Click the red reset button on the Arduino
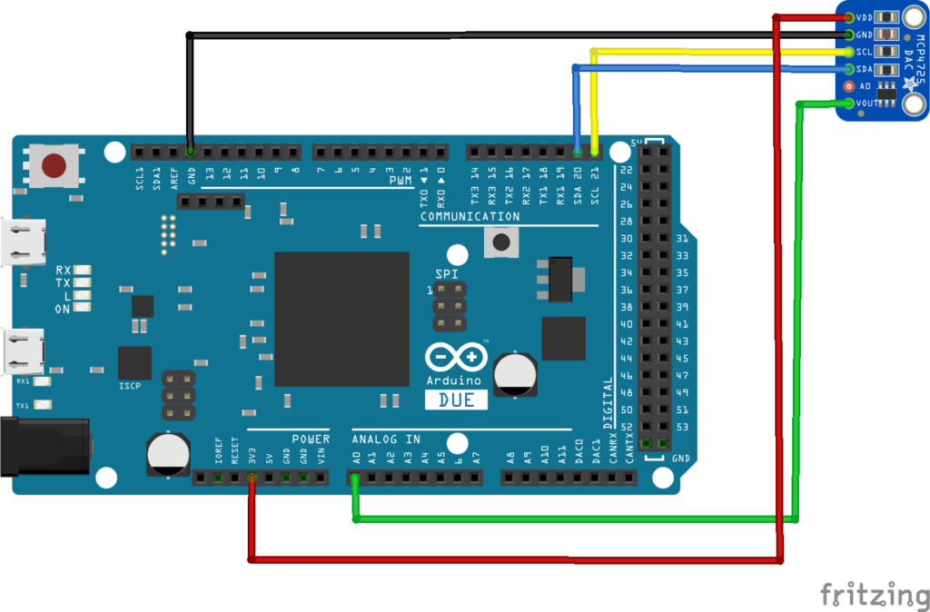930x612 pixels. click(54, 166)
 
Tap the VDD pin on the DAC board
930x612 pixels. click(849, 17)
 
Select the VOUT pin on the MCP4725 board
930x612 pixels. click(849, 104)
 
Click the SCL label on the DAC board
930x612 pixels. click(866, 52)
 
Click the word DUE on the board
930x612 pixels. click(456, 400)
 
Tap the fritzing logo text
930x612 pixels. click(875, 594)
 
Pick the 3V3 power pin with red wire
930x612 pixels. click(252, 478)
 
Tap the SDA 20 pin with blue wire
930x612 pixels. click(578, 151)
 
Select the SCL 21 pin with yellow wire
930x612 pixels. click(595, 151)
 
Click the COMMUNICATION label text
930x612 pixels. click(470, 217)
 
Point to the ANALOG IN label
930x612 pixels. click(386, 439)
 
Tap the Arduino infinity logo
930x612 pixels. click(455, 358)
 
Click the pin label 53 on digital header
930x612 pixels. click(684, 427)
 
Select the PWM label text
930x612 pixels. click(401, 182)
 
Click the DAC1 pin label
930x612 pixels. click(596, 452)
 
